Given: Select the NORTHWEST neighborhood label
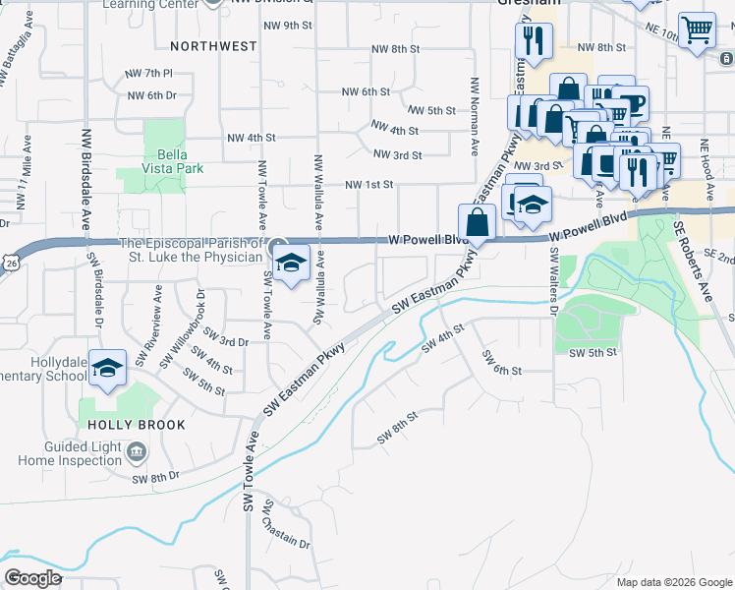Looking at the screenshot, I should [x=213, y=45].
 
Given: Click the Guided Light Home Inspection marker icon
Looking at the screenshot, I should [x=137, y=452].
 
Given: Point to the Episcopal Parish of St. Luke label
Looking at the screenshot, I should [x=192, y=250].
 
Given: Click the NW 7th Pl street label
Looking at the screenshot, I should [x=149, y=73].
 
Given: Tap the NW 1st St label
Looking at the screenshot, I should [x=368, y=184].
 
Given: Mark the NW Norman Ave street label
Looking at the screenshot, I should [x=475, y=104].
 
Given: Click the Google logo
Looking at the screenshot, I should [x=32, y=577].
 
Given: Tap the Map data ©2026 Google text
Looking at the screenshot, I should [x=673, y=582].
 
